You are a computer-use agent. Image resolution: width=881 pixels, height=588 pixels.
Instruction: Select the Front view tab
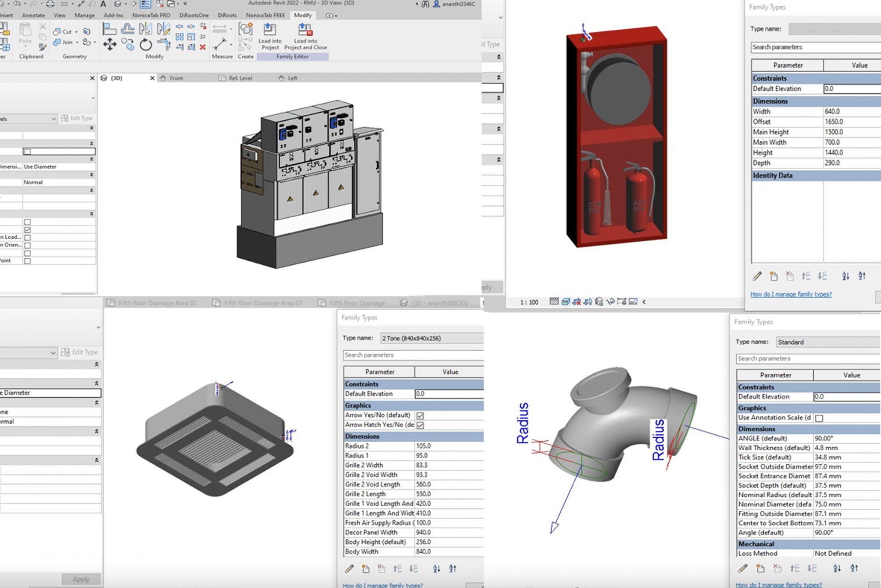[x=176, y=78]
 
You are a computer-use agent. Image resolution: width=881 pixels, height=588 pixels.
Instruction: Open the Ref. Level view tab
[x=240, y=78]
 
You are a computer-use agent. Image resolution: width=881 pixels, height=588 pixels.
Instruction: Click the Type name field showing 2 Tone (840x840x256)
[x=431, y=338]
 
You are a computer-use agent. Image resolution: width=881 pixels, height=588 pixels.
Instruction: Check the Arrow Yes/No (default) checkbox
[x=420, y=415]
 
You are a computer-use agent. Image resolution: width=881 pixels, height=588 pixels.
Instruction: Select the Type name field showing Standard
[x=827, y=342]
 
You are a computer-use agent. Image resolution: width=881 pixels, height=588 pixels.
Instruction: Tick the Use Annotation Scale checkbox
[x=819, y=418]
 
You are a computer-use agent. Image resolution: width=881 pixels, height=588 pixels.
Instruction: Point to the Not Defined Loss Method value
[x=833, y=553]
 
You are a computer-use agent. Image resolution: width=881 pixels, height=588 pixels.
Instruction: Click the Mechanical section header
[x=756, y=544]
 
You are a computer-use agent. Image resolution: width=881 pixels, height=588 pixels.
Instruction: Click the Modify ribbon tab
[x=302, y=15]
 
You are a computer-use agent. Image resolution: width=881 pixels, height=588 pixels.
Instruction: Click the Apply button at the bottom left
[x=81, y=579]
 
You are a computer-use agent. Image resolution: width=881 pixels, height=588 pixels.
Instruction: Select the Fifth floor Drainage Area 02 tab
[x=157, y=303]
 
